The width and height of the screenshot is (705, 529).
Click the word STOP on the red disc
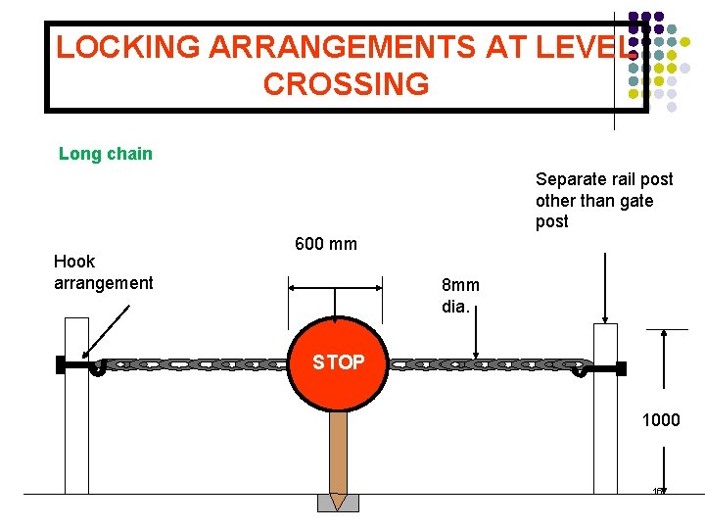click(338, 362)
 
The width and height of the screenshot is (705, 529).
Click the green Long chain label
click(106, 154)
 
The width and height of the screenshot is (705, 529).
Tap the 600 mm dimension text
click(326, 243)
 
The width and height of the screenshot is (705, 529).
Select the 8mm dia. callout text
click(460, 295)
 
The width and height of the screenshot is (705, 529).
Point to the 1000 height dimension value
click(661, 420)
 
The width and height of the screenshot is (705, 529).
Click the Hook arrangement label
click(103, 272)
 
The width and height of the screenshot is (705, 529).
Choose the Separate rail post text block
click(604, 200)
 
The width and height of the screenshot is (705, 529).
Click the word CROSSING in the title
click(346, 84)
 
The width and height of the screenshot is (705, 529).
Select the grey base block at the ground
click(338, 504)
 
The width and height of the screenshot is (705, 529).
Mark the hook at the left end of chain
click(98, 369)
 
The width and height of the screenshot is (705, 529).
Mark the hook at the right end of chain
click(580, 369)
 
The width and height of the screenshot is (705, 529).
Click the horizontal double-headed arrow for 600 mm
click(334, 287)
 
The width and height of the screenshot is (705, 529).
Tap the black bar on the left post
click(72, 364)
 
